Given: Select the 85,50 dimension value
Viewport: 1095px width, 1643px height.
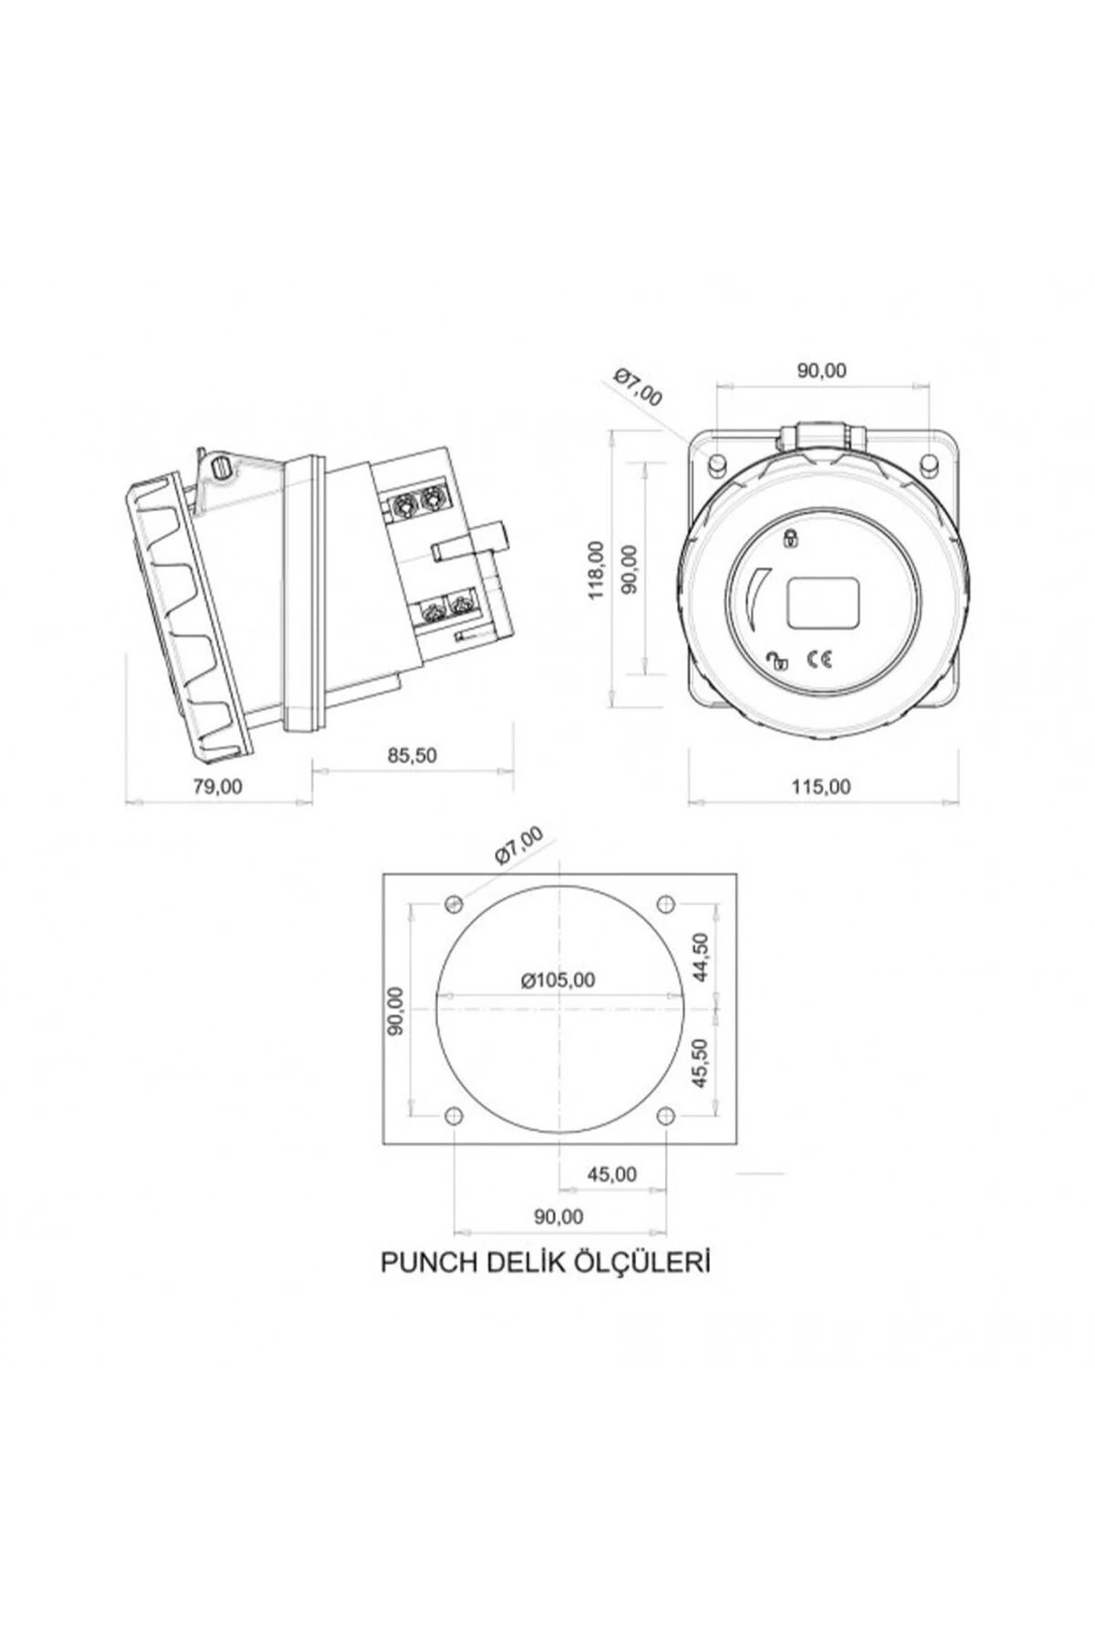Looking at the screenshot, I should point(412,755).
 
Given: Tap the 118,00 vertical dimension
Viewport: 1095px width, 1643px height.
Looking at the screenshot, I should point(598,570).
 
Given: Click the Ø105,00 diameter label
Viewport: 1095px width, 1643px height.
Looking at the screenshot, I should point(558,979).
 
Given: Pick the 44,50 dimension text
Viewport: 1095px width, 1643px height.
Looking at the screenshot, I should point(701,957).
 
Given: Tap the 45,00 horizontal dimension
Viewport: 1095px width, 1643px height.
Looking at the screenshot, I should point(611,1174).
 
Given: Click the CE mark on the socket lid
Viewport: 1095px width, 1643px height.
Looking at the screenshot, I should point(819,661).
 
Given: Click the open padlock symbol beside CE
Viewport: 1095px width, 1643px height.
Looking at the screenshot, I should point(777,661).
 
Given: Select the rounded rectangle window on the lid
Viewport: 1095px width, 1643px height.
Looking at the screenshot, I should point(825,603).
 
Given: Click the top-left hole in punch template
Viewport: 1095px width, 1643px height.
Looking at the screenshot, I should point(454,904).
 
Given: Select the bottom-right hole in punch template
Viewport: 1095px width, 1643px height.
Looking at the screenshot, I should point(666,1115).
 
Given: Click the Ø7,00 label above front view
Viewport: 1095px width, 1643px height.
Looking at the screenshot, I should point(639,386).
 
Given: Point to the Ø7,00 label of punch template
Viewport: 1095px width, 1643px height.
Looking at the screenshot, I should point(517,845).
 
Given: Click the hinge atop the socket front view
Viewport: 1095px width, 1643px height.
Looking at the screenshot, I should point(824,436).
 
